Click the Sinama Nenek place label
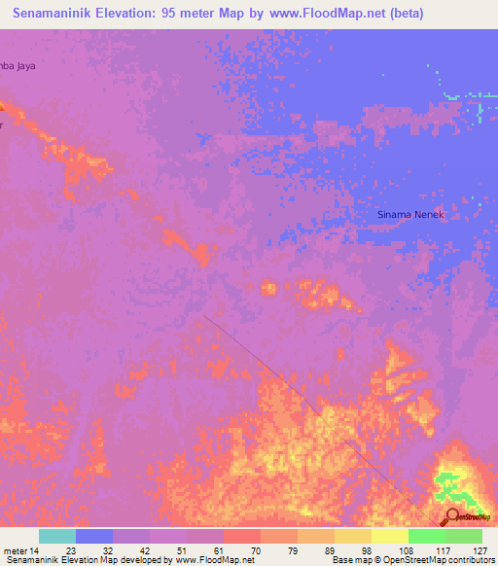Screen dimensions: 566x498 409,214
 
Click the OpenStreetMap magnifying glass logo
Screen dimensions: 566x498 451,518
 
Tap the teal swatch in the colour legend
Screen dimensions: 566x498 57,536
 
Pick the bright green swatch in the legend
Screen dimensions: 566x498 426,536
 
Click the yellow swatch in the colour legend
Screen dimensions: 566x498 352,536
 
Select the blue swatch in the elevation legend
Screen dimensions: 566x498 94,536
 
